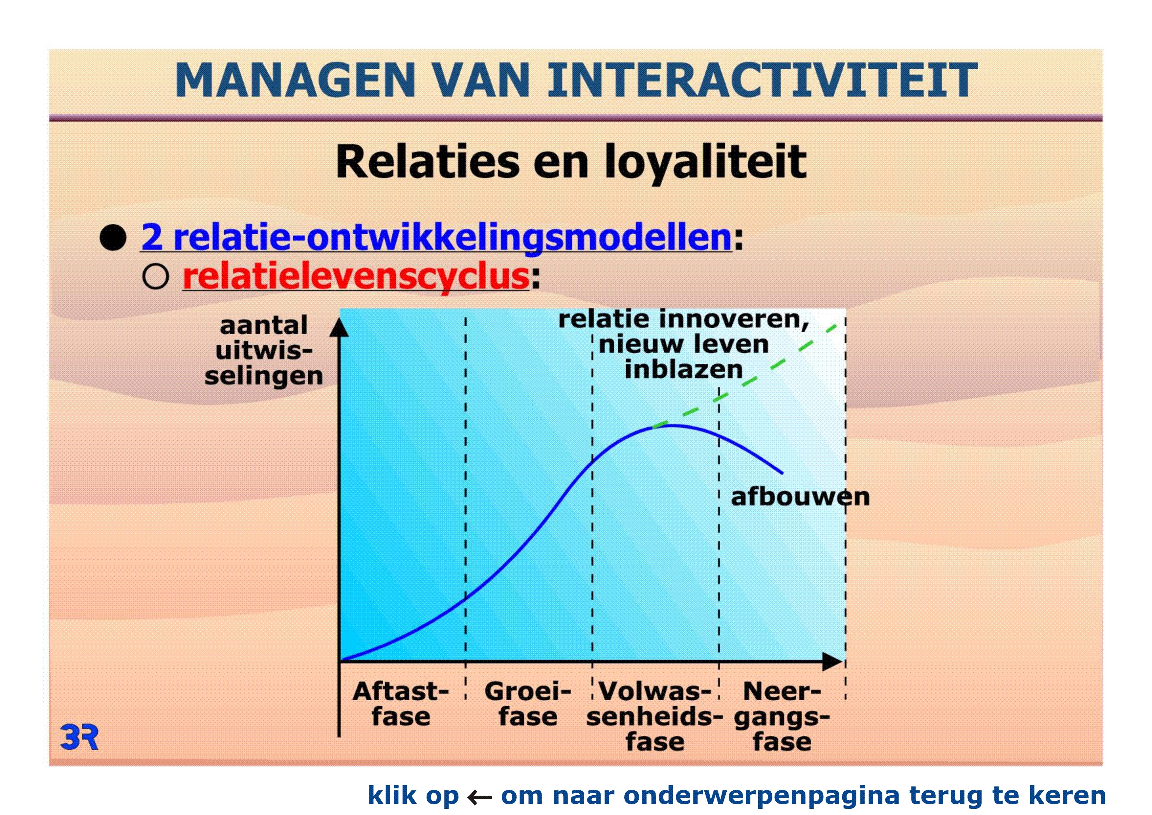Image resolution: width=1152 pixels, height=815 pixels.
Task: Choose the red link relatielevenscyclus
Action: coord(356,277)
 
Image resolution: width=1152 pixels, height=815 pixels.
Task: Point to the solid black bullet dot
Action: coord(113,238)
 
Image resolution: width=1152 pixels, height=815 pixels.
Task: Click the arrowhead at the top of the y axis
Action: coord(339,327)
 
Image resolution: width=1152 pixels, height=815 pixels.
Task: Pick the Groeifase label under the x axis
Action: coord(528,704)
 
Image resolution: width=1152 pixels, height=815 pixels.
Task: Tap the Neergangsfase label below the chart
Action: coord(782,717)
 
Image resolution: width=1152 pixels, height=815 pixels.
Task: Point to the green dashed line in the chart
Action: coord(745,376)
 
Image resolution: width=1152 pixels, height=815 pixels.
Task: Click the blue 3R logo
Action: coord(79,737)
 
